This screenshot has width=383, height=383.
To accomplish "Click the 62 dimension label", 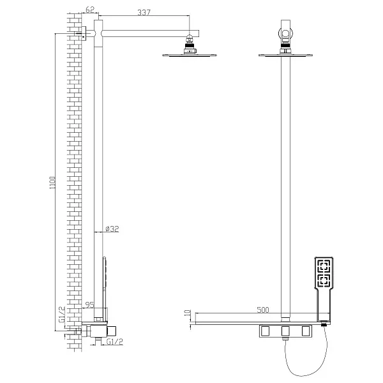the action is coord(89,10).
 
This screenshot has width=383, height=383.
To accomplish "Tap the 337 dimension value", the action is coord(144,12).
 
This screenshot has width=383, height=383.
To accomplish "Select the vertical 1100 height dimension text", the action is coord(52,183).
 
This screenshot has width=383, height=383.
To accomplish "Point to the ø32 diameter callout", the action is coord(112,229).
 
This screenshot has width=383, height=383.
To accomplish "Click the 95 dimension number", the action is coord(89,305).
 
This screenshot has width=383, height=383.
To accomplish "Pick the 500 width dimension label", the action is coord(263,310).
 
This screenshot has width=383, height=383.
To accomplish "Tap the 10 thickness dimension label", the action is coord(187,313).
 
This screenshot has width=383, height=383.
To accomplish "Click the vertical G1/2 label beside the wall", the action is coord(62,314).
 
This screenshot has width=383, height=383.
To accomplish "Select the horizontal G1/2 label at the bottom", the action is coord(115,342).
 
